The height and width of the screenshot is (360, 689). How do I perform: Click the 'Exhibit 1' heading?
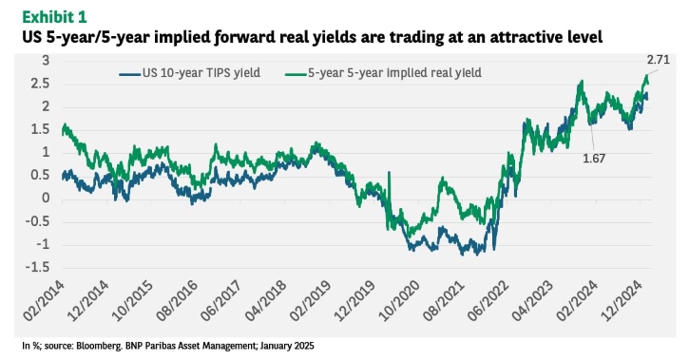[x=54, y=17]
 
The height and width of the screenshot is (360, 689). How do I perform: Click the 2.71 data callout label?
[x=659, y=60]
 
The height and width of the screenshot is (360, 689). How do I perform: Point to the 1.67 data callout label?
[x=594, y=159]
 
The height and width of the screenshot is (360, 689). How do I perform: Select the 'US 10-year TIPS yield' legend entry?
[x=190, y=73]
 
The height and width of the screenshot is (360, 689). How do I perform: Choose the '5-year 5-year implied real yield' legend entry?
[x=383, y=73]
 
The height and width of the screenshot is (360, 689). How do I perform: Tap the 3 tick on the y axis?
[x=46, y=61]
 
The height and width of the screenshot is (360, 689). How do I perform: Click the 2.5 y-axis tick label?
[x=41, y=84]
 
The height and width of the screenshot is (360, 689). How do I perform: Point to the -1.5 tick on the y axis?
[x=37, y=267]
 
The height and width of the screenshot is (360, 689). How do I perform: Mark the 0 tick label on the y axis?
[x=46, y=198]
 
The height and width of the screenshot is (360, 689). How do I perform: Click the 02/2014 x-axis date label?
[x=45, y=301]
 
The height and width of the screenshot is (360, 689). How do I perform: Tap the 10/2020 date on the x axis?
[x=400, y=301]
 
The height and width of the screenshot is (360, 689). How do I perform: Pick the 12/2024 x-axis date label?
[x=622, y=301]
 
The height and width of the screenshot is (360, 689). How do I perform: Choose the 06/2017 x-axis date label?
[x=221, y=301]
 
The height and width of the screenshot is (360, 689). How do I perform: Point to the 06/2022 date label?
[x=488, y=301]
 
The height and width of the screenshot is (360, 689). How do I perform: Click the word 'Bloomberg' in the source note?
[x=99, y=346]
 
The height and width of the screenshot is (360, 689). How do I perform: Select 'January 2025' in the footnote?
[x=287, y=346]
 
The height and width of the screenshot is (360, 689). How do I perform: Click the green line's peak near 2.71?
[x=646, y=75]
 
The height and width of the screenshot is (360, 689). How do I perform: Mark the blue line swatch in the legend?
[x=130, y=74]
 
